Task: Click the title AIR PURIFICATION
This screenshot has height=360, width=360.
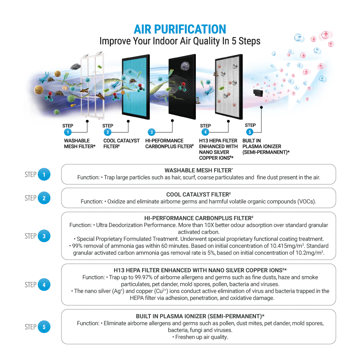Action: pyautogui.click(x=180, y=30)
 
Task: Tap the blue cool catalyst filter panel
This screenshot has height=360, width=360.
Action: pyautogui.click(x=136, y=87)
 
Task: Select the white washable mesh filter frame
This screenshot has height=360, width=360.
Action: pyautogui.click(x=93, y=86)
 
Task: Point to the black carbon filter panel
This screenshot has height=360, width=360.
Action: pyautogui.click(x=182, y=86)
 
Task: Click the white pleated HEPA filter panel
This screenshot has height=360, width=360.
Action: pyautogui.click(x=229, y=87)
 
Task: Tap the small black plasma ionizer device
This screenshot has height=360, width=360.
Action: pyautogui.click(x=258, y=93)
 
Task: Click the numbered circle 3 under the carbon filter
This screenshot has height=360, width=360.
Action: pyautogui.click(x=152, y=132)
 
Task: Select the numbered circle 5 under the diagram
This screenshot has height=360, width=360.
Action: pyautogui.click(x=250, y=132)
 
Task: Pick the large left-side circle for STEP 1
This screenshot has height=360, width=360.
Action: pyautogui.click(x=44, y=175)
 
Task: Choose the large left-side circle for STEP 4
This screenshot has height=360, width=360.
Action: pyautogui.click(x=44, y=285)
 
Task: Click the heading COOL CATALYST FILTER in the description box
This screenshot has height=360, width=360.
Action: pyautogui.click(x=198, y=194)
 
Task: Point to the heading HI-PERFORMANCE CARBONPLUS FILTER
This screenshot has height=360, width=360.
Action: pyautogui.click(x=199, y=218)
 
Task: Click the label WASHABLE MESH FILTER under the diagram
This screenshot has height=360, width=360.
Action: pyautogui.click(x=80, y=144)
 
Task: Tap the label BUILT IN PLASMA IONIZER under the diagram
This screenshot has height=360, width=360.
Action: pyautogui.click(x=262, y=144)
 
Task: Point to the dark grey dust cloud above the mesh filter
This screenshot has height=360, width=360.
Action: pyautogui.click(x=76, y=67)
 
